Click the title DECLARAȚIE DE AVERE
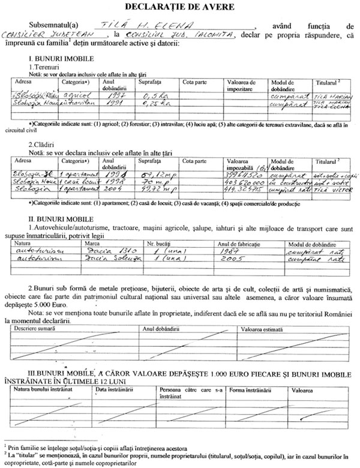click(179, 7)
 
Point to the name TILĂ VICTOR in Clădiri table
click(330, 189)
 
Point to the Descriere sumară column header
click(35, 329)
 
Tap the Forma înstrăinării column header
click(247, 390)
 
